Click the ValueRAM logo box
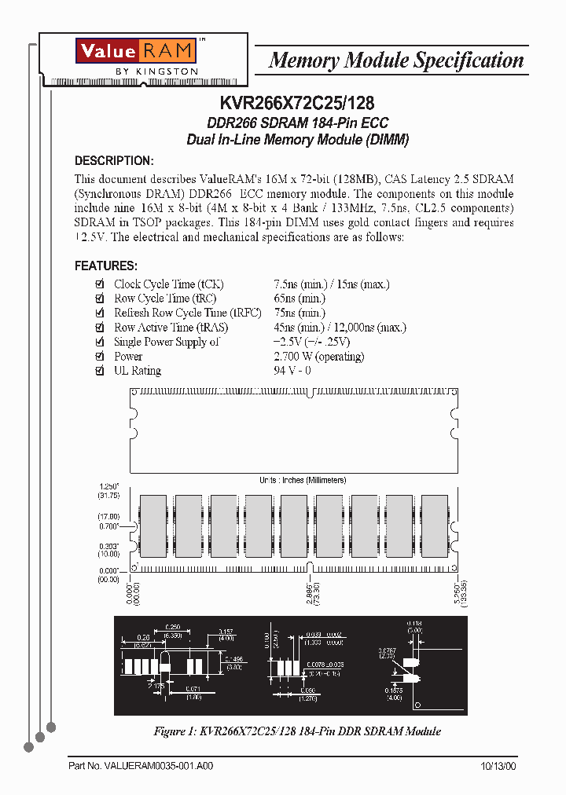pos(134,51)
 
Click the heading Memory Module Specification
pos(395,60)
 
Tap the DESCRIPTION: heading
pos(113,161)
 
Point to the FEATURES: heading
pos(106,266)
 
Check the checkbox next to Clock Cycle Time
pos(99,284)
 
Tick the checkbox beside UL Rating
pos(99,371)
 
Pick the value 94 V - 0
pos(292,371)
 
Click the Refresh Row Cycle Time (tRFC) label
pos(176,313)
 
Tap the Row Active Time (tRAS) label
pos(161,328)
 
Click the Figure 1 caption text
pos(296,731)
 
